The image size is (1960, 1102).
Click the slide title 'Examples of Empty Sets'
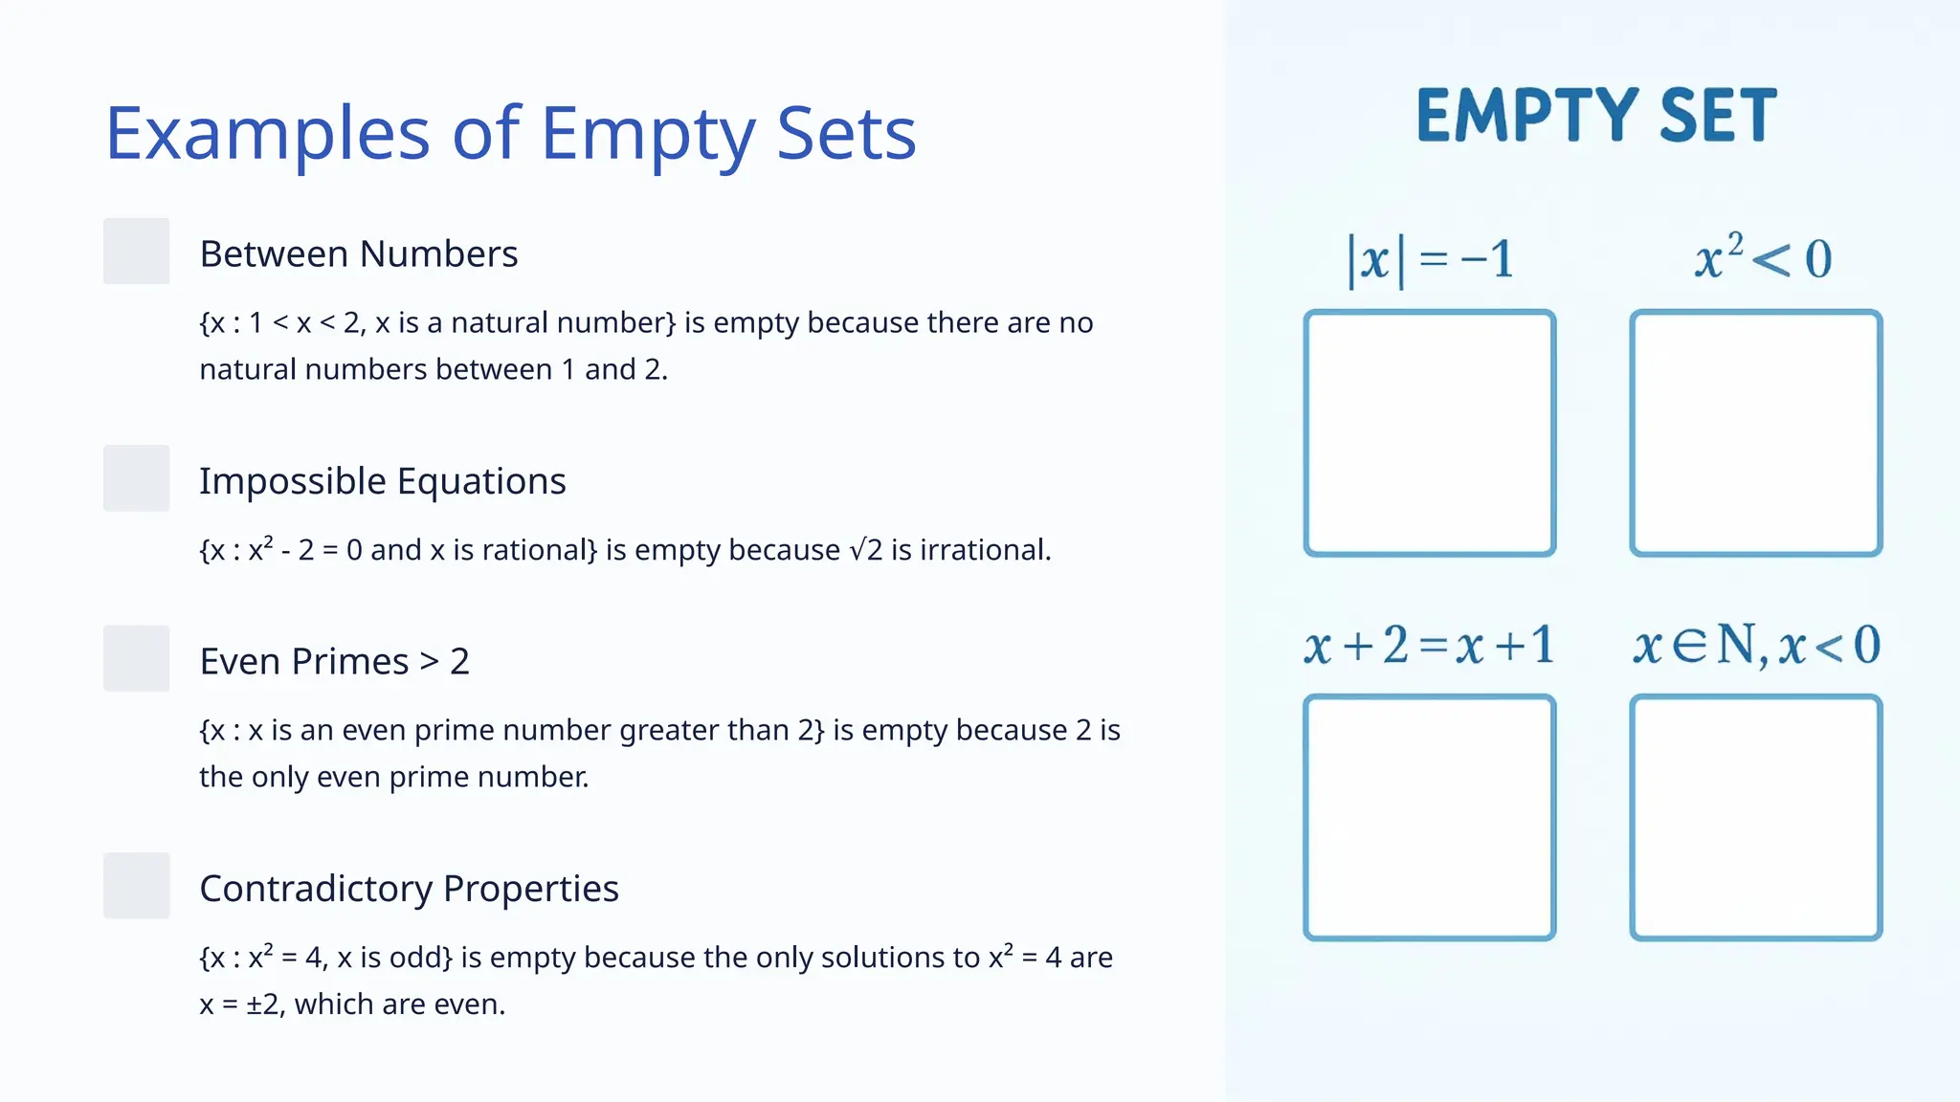click(x=510, y=133)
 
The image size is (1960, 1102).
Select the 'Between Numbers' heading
click(x=359, y=254)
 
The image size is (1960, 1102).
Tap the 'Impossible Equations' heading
click(x=383, y=481)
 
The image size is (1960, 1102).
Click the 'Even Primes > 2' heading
click(x=335, y=662)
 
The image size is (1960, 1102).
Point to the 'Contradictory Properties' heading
click(x=410, y=889)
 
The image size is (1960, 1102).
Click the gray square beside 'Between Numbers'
click(x=137, y=252)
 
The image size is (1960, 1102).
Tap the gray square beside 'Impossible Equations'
click(x=137, y=478)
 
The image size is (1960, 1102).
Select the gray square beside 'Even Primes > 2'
click(x=137, y=659)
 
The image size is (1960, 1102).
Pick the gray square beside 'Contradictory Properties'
click(x=137, y=886)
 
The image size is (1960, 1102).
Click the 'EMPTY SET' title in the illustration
click(x=1596, y=116)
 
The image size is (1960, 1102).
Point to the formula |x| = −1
click(x=1430, y=259)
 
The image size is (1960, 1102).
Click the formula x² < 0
click(x=1762, y=258)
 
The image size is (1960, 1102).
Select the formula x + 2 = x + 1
click(x=1429, y=645)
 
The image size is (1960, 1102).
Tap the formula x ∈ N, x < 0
click(x=1756, y=645)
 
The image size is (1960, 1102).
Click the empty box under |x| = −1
click(x=1430, y=432)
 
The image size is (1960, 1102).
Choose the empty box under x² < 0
click(x=1756, y=432)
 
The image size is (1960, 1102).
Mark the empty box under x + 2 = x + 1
click(x=1430, y=818)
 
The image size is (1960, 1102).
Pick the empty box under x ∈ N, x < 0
click(x=1756, y=818)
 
